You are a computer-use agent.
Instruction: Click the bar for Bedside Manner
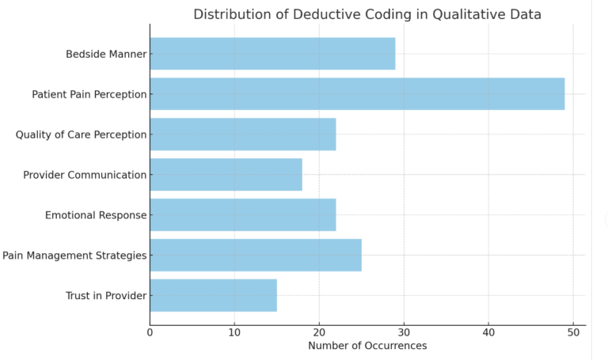coord(272,54)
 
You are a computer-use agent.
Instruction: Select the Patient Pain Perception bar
coord(357,94)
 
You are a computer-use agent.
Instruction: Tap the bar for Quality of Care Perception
coord(242,135)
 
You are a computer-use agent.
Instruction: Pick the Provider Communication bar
coord(226,175)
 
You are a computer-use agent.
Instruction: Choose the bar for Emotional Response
coord(242,215)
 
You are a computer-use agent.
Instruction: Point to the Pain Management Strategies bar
coord(255,256)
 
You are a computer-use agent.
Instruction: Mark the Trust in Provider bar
coord(213,296)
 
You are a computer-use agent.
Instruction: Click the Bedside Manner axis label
coord(107,55)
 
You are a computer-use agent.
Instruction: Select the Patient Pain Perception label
coord(89,95)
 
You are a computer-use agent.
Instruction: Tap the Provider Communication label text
coord(85,175)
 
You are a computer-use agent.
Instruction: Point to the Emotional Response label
coord(96,215)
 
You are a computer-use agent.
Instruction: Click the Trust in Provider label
coord(106,296)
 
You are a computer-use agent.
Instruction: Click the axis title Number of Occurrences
coord(367,346)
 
